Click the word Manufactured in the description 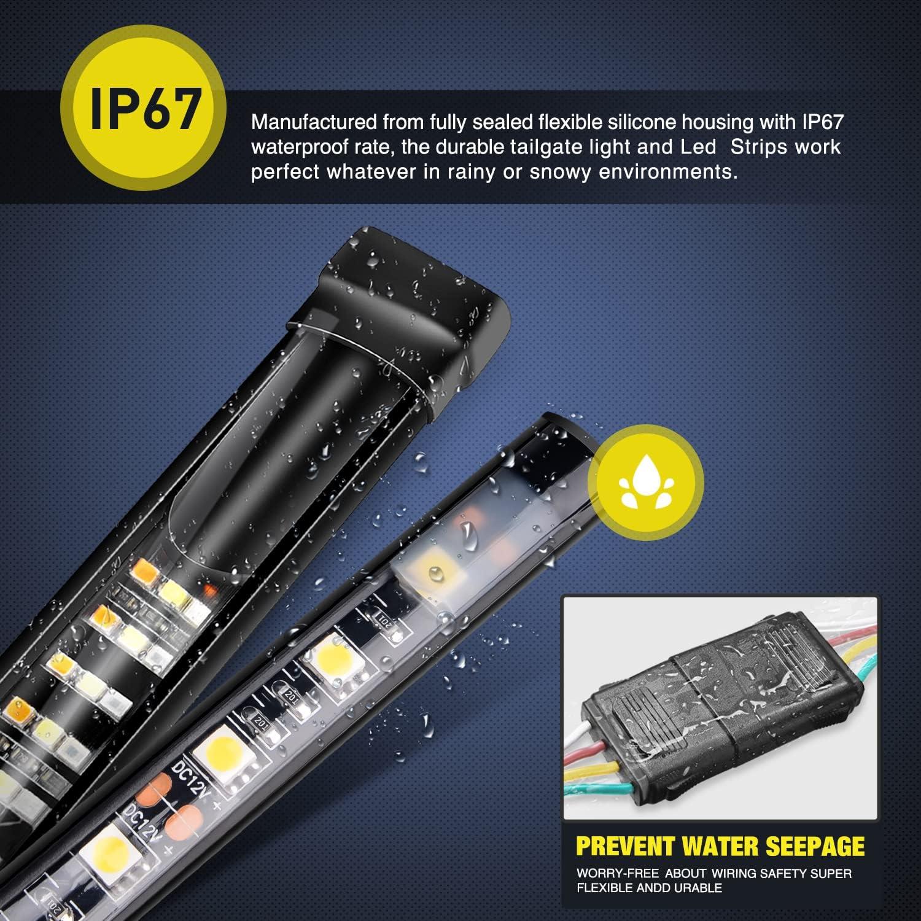click(314, 122)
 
